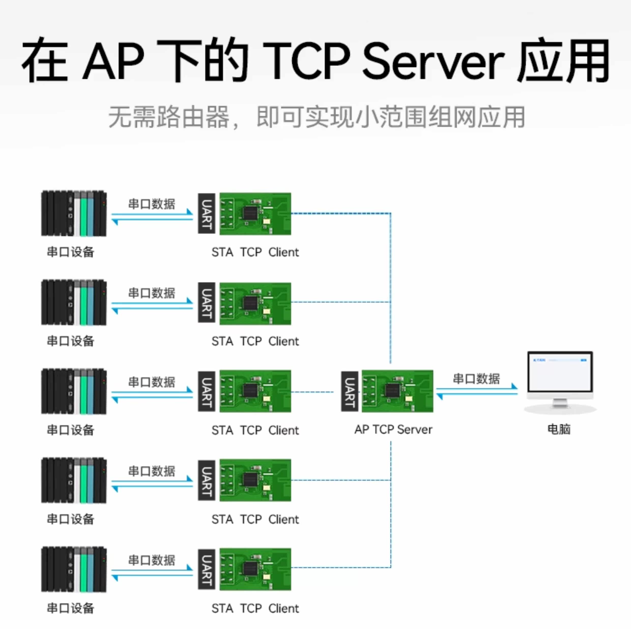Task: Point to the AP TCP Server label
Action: (x=393, y=429)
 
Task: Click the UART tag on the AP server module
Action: (x=349, y=391)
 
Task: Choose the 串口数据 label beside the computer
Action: (x=476, y=379)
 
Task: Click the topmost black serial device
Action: (x=74, y=213)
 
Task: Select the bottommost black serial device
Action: (x=74, y=569)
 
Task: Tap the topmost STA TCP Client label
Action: (x=255, y=252)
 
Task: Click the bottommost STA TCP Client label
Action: (x=255, y=608)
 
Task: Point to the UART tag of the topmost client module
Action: (x=206, y=213)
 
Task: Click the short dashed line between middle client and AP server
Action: (x=312, y=392)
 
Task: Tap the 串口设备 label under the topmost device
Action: (x=70, y=252)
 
